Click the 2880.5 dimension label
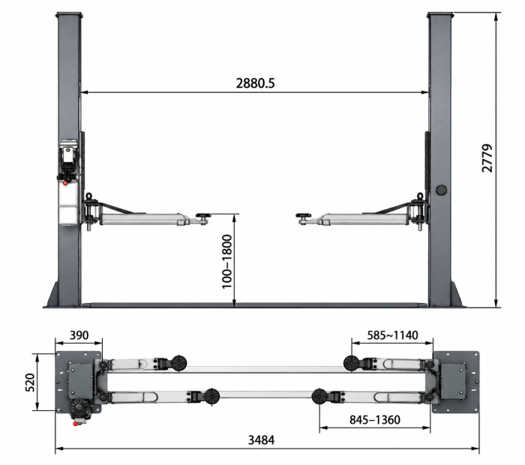(x=255, y=83)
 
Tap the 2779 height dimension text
(x=487, y=158)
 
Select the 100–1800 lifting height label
(x=227, y=262)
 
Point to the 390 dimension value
(x=79, y=334)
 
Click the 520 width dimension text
(x=30, y=382)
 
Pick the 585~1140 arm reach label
(x=392, y=335)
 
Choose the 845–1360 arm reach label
(x=375, y=419)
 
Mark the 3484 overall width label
(x=261, y=440)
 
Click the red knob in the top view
(x=75, y=424)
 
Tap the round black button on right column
(x=441, y=190)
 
